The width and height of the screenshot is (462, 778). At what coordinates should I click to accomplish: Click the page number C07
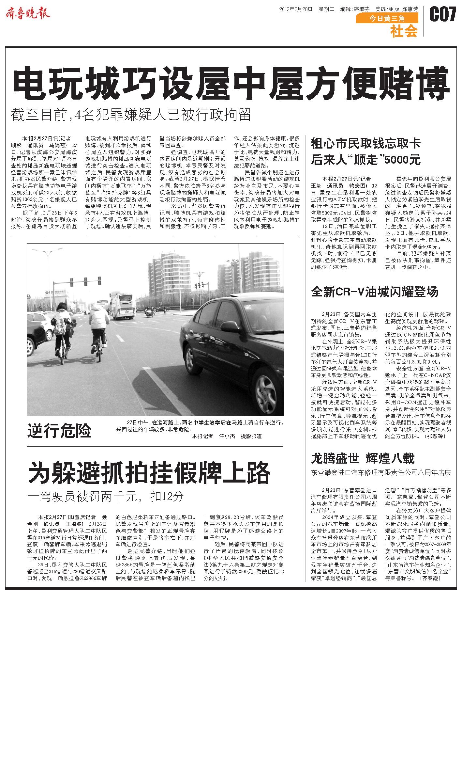[x=442, y=14]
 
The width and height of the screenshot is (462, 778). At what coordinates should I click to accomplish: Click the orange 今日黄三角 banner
[x=387, y=19]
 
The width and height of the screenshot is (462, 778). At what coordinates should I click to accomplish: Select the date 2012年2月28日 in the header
[x=295, y=9]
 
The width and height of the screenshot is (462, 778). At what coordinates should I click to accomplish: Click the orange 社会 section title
[x=404, y=31]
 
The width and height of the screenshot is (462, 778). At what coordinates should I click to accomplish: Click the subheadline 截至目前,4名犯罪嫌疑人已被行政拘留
[x=130, y=114]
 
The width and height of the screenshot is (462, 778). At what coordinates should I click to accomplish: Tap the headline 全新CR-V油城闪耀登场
[x=375, y=292]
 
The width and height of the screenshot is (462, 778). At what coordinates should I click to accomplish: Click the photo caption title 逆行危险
[x=59, y=431]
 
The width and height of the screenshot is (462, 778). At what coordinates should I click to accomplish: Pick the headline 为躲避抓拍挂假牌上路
[x=149, y=472]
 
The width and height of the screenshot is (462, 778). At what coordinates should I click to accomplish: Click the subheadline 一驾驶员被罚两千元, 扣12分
[x=106, y=497]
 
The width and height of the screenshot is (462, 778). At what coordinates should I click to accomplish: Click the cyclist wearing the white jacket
[x=98, y=327]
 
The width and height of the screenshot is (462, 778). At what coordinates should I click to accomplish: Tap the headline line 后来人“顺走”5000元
[x=365, y=160]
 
